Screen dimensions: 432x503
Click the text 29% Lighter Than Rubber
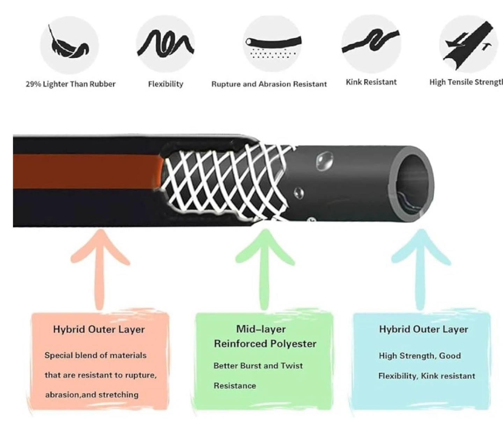point(71,84)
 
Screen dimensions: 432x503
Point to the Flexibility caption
point(166,84)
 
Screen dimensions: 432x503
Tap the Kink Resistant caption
point(371,82)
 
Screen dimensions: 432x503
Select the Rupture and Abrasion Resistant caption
point(269,84)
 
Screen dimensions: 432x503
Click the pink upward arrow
point(100,269)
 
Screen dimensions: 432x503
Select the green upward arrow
point(265,269)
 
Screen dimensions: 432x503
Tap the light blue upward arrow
point(421,269)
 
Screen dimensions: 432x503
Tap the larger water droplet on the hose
point(324,161)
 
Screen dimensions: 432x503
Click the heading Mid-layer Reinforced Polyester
point(265,336)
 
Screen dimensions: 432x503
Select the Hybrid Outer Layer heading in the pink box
point(99,329)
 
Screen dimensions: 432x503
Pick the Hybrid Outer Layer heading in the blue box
point(423,329)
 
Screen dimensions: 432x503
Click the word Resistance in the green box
point(235,386)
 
